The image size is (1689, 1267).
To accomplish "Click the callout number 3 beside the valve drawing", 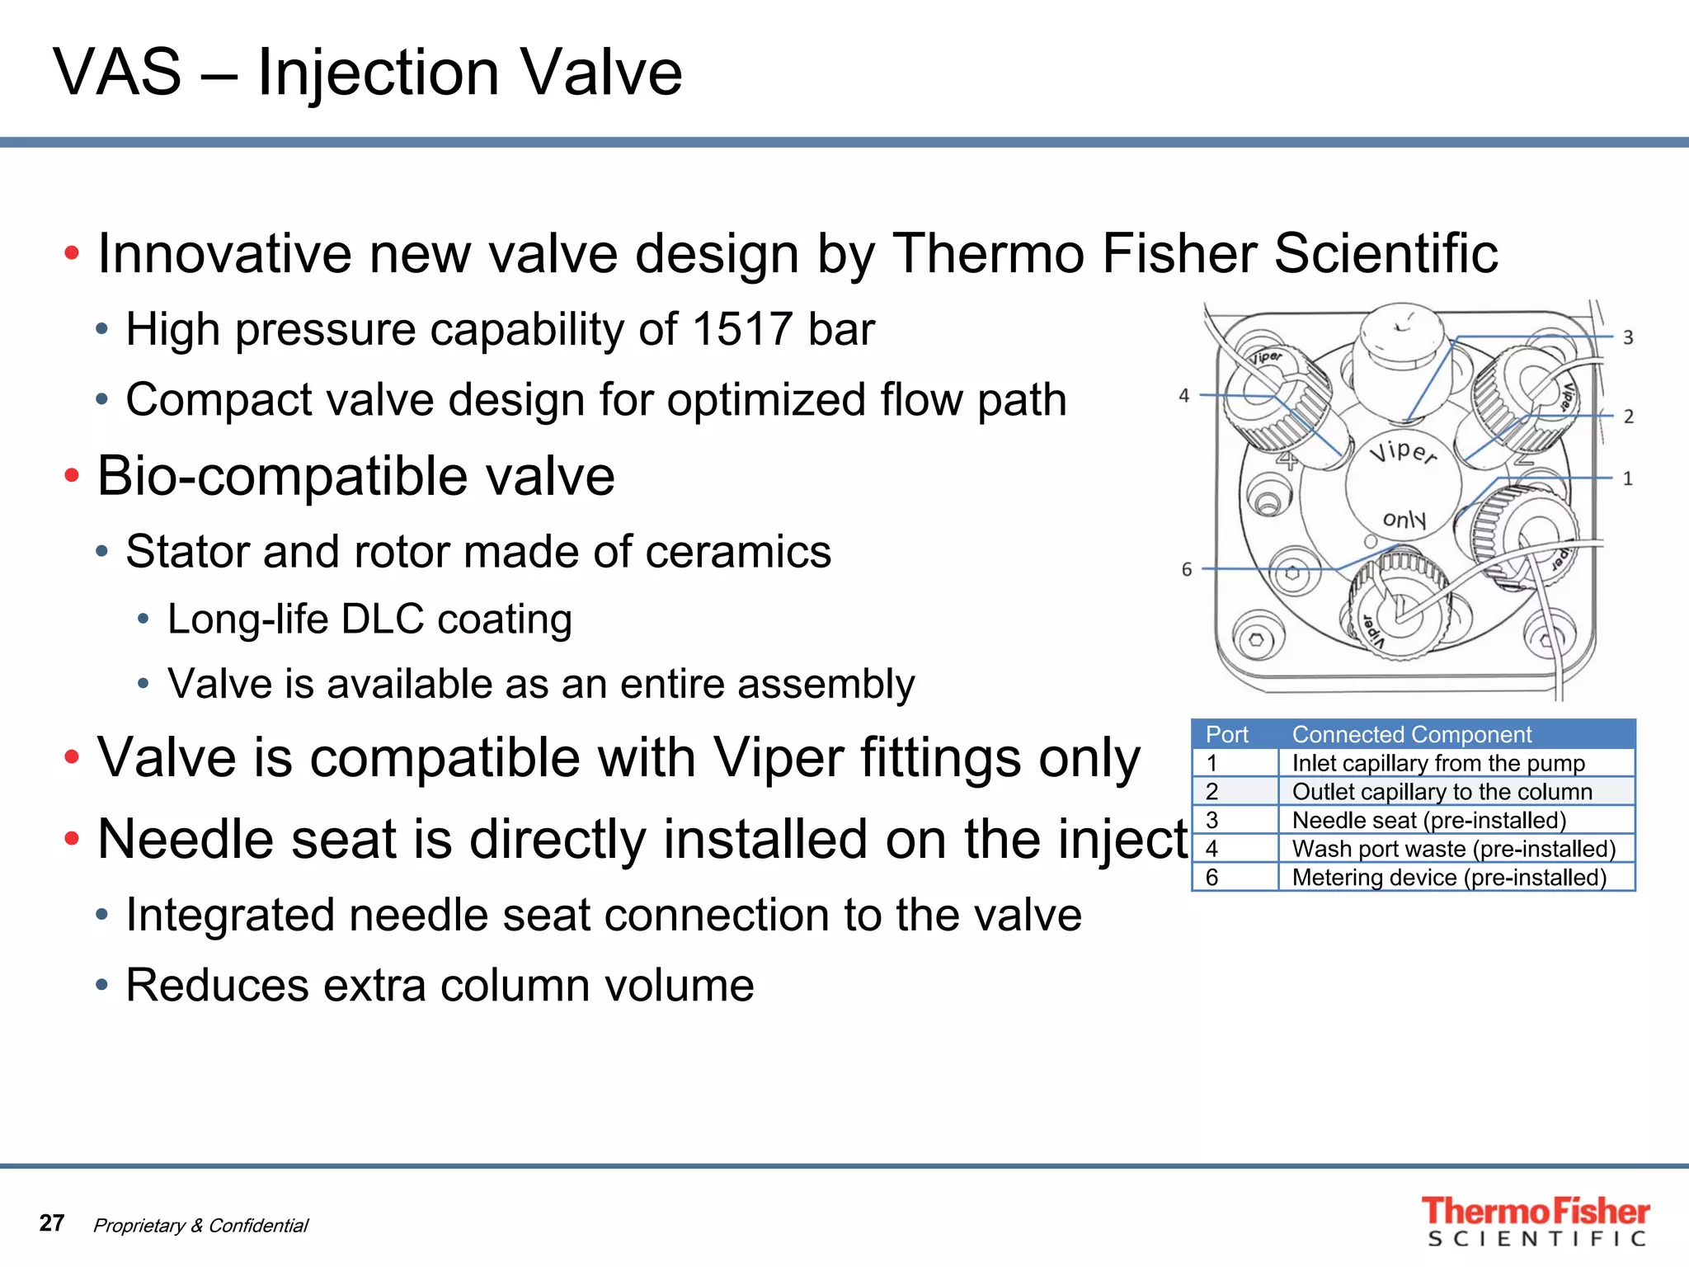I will pyautogui.click(x=1628, y=337).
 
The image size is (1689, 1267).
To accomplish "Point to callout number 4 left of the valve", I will pyautogui.click(x=1183, y=396).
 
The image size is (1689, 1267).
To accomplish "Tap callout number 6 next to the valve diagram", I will pyautogui.click(x=1187, y=569).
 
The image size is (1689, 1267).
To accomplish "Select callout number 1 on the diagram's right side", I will pyautogui.click(x=1628, y=478).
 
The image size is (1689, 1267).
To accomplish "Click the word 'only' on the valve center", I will pyautogui.click(x=1404, y=519).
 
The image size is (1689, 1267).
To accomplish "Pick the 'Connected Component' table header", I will pyautogui.click(x=1411, y=734).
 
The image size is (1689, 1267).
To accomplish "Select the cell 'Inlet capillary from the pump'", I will pyautogui.click(x=1437, y=763).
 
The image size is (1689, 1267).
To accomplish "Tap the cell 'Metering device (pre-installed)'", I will pyautogui.click(x=1449, y=877).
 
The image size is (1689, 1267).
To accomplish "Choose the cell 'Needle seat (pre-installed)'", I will pyautogui.click(x=1428, y=820).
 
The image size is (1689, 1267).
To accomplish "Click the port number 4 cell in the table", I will pyautogui.click(x=1211, y=849).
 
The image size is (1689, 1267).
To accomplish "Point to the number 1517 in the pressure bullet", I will pyautogui.click(x=742, y=329).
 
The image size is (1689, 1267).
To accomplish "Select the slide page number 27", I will pyautogui.click(x=52, y=1222).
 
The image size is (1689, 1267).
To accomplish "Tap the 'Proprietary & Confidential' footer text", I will pyautogui.click(x=200, y=1226).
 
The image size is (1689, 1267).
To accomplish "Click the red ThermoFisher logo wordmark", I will pyautogui.click(x=1535, y=1211).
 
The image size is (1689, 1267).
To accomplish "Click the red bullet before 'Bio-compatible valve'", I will pyautogui.click(x=72, y=476).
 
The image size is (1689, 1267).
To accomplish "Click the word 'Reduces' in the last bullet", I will pyautogui.click(x=217, y=985).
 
